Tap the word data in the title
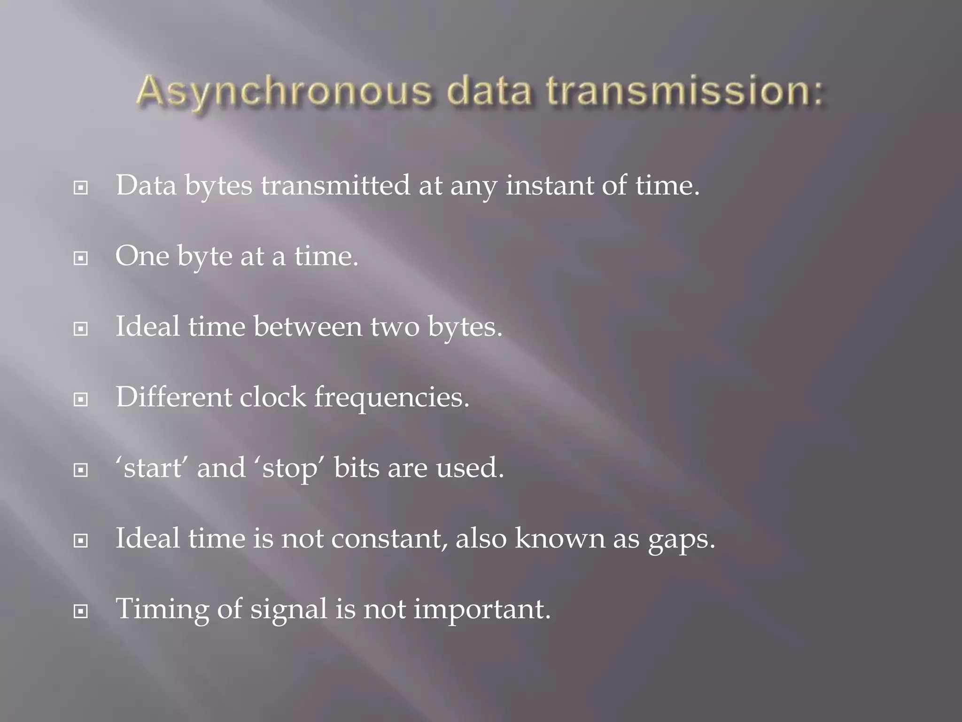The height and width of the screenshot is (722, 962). pyautogui.click(x=489, y=91)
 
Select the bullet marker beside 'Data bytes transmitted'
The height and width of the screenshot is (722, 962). pyautogui.click(x=81, y=188)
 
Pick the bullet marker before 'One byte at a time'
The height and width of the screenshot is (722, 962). pyautogui.click(x=81, y=258)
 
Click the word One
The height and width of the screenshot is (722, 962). pyautogui.click(x=142, y=256)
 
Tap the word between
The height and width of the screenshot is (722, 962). pyautogui.click(x=308, y=327)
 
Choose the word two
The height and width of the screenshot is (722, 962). pyautogui.click(x=395, y=327)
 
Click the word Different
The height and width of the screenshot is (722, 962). pyautogui.click(x=174, y=397)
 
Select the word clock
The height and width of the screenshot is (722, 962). pyautogui.click(x=273, y=397)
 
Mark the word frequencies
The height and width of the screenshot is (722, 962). pyautogui.click(x=391, y=398)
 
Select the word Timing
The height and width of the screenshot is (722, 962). pyautogui.click(x=162, y=610)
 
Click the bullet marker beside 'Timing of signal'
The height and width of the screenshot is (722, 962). pyautogui.click(x=81, y=611)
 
